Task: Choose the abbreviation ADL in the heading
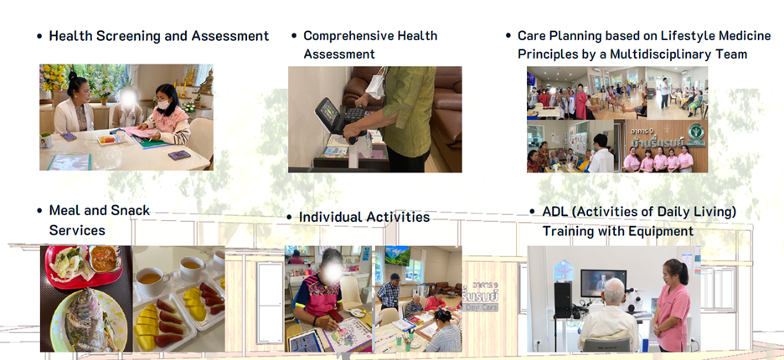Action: click(555, 212)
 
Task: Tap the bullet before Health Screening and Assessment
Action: click(39, 37)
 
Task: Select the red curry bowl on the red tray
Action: click(105, 258)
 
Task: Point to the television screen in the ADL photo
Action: click(604, 283)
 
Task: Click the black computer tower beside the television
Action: click(563, 300)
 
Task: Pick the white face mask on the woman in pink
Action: click(163, 105)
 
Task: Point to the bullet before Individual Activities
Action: click(290, 217)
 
